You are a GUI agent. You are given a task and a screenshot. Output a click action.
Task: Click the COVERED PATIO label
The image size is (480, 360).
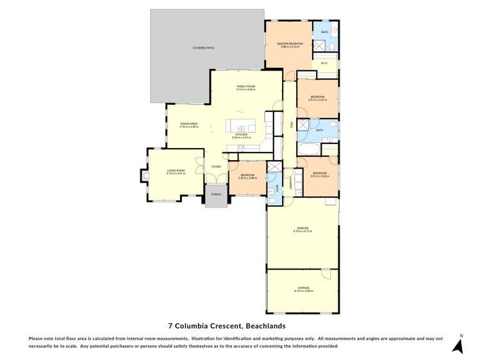pyautogui.click(x=204, y=48)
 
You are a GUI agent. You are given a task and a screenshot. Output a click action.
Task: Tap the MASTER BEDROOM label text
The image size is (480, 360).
pyautogui.click(x=289, y=44)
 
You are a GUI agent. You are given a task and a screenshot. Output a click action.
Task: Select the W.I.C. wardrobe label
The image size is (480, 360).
pyautogui.click(x=325, y=63)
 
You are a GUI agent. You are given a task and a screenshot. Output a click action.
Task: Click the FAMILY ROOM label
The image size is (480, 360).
pyautogui.click(x=246, y=86)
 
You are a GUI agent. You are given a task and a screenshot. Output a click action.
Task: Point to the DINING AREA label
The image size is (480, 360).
pyautogui.click(x=188, y=124)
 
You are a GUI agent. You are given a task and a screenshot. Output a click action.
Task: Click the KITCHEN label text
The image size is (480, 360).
pyautogui.click(x=241, y=135)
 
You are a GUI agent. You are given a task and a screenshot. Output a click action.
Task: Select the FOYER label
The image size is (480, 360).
pyautogui.click(x=216, y=167)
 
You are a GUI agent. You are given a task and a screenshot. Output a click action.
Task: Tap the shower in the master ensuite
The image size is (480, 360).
pyautogui.click(x=318, y=45)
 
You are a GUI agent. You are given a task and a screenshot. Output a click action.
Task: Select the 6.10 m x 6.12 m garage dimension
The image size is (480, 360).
pyautogui.click(x=302, y=231)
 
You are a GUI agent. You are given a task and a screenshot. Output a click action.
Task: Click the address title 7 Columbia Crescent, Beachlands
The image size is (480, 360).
pyautogui.click(x=240, y=325)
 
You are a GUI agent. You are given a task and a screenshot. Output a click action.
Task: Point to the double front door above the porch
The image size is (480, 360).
pyautogui.click(x=216, y=183)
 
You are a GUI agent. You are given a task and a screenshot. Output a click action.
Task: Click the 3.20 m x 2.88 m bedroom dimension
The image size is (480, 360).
pyautogui.click(x=247, y=177)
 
